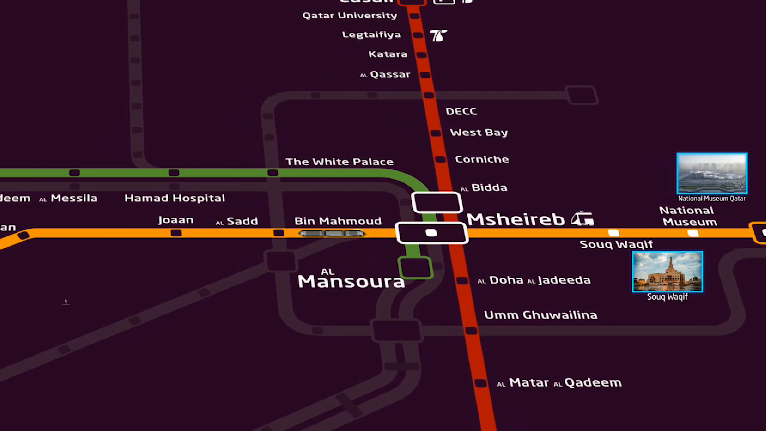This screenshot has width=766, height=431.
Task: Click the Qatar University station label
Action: tap(349, 16)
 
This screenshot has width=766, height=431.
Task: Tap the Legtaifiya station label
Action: tap(371, 35)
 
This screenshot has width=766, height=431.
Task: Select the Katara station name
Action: tap(388, 54)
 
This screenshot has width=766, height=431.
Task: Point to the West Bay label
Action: tap(479, 132)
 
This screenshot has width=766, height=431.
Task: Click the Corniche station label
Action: tap(482, 160)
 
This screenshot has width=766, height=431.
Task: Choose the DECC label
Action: tap(461, 112)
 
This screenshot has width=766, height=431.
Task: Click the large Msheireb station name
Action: tap(515, 219)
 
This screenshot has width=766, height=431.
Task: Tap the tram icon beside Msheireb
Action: tap(582, 219)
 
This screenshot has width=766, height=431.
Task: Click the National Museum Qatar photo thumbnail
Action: tap(712, 174)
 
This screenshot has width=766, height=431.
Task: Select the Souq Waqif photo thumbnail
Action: tap(667, 271)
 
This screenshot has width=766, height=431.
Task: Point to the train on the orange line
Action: tap(332, 233)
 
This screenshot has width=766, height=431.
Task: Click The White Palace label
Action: tap(339, 162)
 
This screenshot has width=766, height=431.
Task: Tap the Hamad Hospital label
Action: tap(174, 198)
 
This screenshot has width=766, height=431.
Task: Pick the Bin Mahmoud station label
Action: tap(338, 221)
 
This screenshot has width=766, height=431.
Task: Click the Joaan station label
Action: tap(176, 220)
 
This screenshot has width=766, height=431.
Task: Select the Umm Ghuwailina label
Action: tap(541, 315)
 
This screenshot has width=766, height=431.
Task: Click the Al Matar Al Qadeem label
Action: tap(559, 383)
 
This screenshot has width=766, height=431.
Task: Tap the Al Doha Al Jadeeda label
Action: tap(535, 280)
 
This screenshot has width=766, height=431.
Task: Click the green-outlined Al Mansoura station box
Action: tap(415, 267)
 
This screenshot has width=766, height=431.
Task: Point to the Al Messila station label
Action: tap(69, 198)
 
